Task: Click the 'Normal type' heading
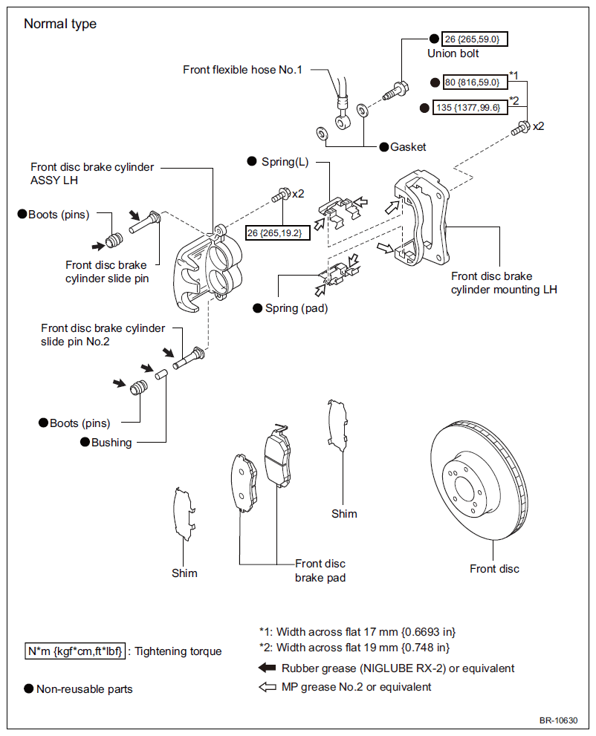coord(60,24)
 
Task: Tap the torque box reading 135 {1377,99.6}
coord(470,108)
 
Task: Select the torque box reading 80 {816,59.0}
coord(475,82)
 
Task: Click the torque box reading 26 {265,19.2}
coord(278,232)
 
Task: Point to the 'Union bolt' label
coord(453,53)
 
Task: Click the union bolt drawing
coord(395,91)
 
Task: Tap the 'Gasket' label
coord(408,147)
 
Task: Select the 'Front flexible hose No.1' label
coord(242,70)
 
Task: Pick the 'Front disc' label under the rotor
coord(494,569)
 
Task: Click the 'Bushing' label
coord(111,443)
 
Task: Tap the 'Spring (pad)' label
coord(297,308)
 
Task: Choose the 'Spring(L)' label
coord(285,162)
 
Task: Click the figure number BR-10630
coord(558,720)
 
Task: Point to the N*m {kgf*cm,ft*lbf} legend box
coord(75,651)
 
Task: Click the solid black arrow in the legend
coord(267,668)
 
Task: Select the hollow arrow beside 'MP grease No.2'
coord(267,687)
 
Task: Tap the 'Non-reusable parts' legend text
coord(85,689)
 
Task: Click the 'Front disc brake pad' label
coord(320,571)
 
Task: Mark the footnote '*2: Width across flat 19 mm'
coord(354,648)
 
